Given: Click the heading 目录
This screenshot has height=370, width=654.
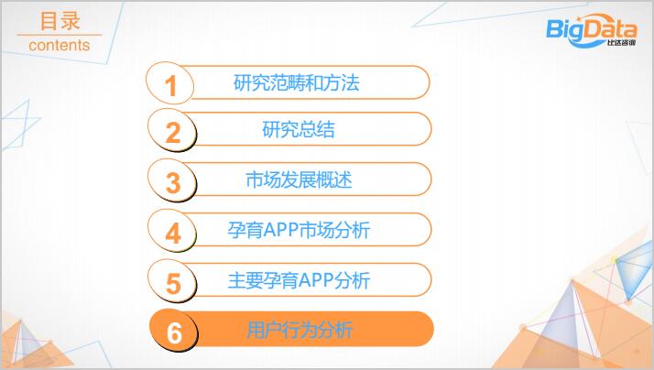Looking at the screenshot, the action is click(60, 21).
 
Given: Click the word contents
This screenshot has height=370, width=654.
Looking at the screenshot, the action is click(60, 45).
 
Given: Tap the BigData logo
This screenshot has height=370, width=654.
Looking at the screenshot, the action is click(592, 30).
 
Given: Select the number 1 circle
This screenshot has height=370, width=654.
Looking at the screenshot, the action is click(169, 83).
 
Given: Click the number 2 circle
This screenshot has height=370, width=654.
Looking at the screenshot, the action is click(172, 130).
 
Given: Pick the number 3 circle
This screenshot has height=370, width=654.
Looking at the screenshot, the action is click(172, 180).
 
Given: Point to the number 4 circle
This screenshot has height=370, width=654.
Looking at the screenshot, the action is click(172, 231).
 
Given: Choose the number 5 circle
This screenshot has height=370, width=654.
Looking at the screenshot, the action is click(172, 281).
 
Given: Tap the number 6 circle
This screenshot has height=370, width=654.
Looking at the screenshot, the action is click(173, 331).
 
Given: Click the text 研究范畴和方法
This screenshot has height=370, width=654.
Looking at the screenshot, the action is click(296, 82).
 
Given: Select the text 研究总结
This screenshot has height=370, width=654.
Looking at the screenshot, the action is click(299, 129).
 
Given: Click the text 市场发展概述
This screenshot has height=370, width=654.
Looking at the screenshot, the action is click(299, 180).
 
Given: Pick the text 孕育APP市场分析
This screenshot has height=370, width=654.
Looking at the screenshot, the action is click(299, 230).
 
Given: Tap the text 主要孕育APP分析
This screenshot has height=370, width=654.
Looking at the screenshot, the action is click(299, 280).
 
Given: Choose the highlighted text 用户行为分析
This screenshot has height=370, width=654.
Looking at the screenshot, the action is click(300, 331).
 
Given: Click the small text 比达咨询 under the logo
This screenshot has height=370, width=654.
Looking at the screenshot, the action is click(621, 42).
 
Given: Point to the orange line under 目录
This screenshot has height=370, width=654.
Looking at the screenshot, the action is click(60, 35).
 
